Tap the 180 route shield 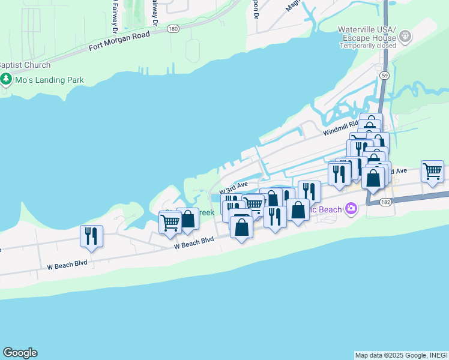173,28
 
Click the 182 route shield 384,202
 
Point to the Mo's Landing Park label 50,80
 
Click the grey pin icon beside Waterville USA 405,35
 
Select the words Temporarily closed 367,46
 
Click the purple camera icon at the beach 351,209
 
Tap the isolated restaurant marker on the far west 91,236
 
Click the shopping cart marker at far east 432,172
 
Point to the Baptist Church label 25,65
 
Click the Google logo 20,353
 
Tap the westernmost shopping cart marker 170,223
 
